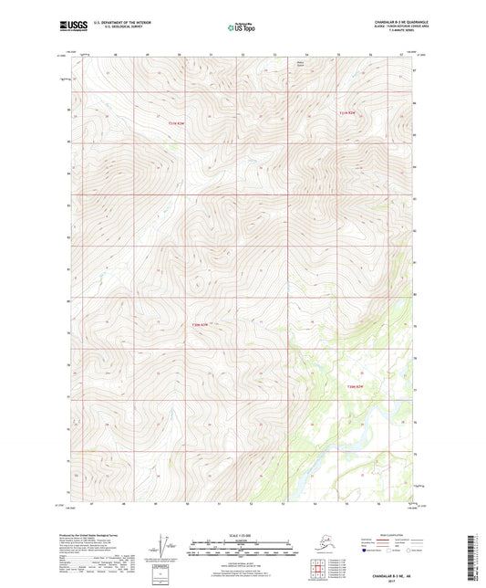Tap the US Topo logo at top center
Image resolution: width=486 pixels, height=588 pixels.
click(x=241, y=28)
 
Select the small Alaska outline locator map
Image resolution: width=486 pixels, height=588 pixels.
click(x=319, y=545)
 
